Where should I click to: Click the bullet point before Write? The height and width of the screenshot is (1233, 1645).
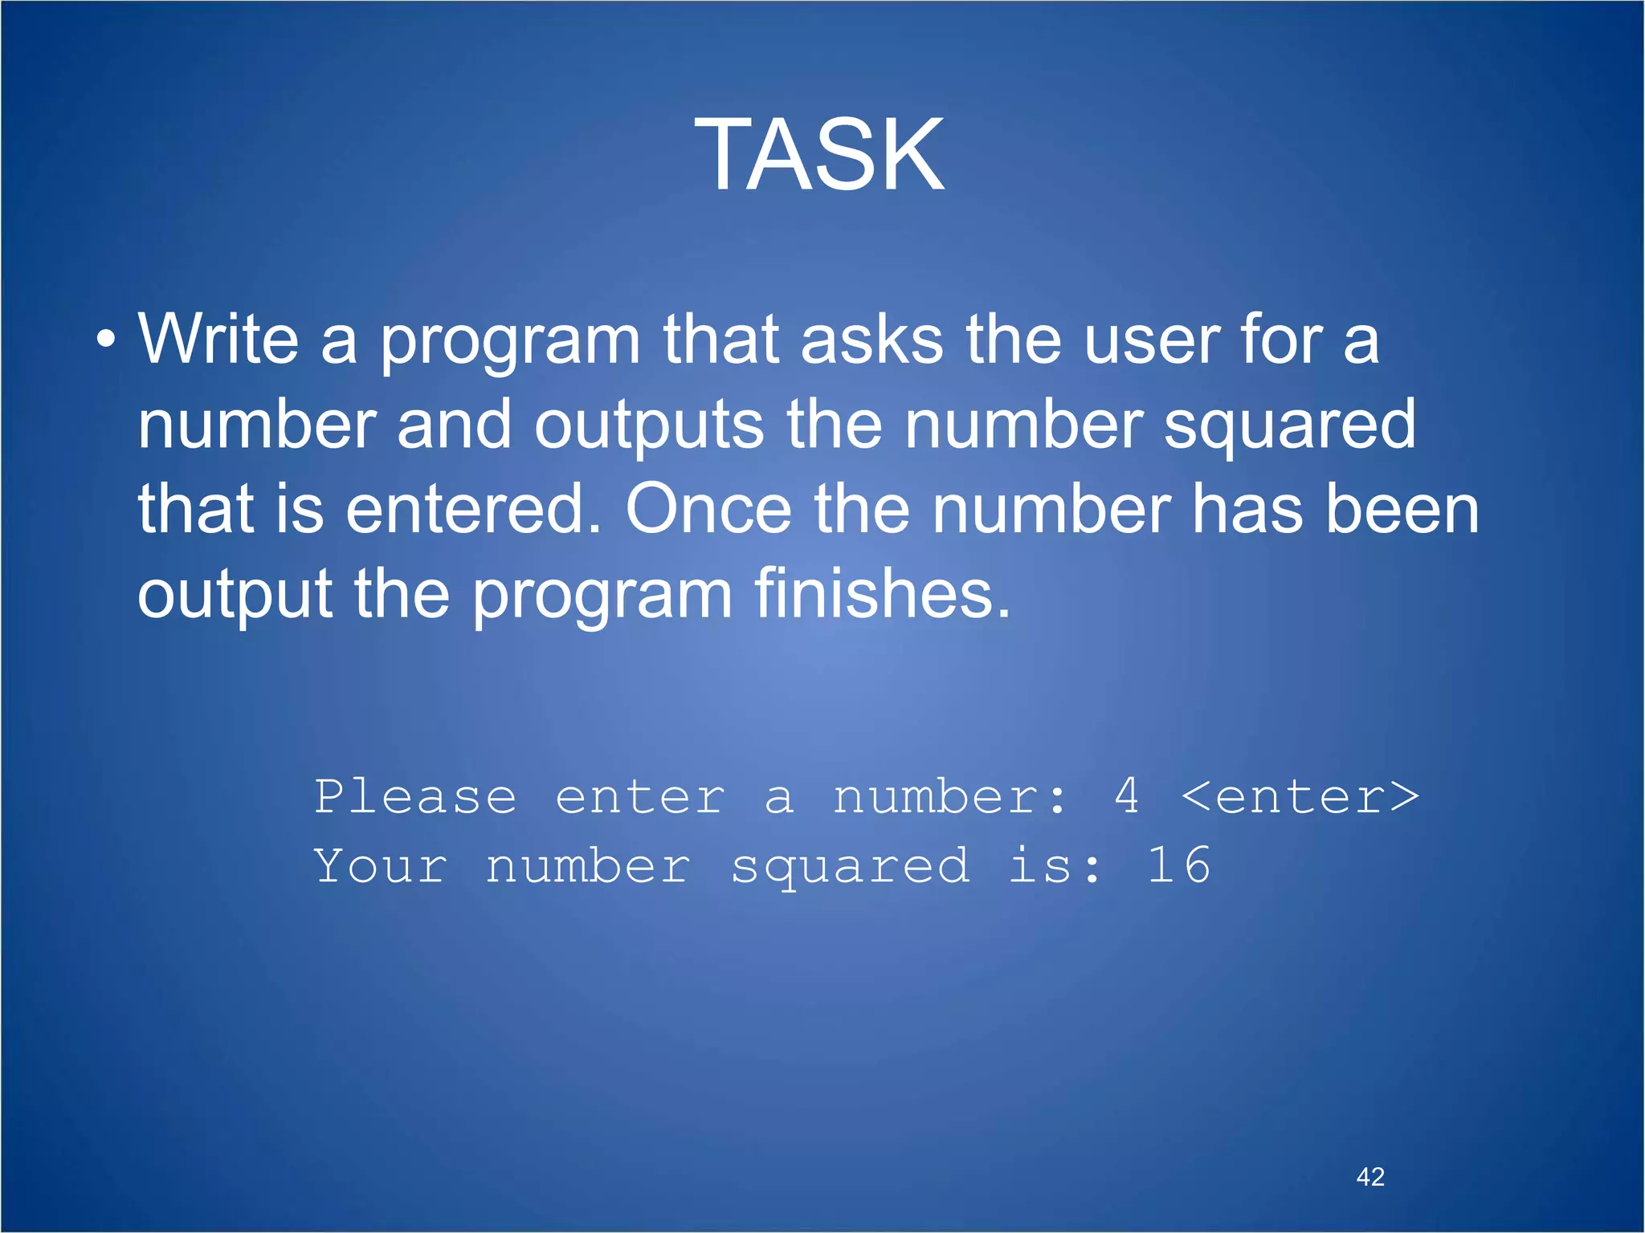[x=105, y=340]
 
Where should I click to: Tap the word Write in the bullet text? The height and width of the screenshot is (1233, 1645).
[x=218, y=340]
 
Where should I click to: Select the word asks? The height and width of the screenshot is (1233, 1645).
[x=871, y=340]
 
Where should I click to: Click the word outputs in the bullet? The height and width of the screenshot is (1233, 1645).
[x=649, y=425]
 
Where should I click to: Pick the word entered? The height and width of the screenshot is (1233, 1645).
[x=474, y=510]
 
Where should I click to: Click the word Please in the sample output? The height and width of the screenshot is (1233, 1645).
[x=415, y=797]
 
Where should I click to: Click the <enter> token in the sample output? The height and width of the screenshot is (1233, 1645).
[x=1300, y=797]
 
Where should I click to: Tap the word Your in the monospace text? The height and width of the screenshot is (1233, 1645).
[x=381, y=866]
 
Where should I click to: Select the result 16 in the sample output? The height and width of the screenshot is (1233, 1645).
[x=1178, y=865]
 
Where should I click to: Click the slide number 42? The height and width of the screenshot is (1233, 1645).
[x=1370, y=1177]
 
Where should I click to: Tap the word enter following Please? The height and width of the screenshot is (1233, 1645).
[x=640, y=798]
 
